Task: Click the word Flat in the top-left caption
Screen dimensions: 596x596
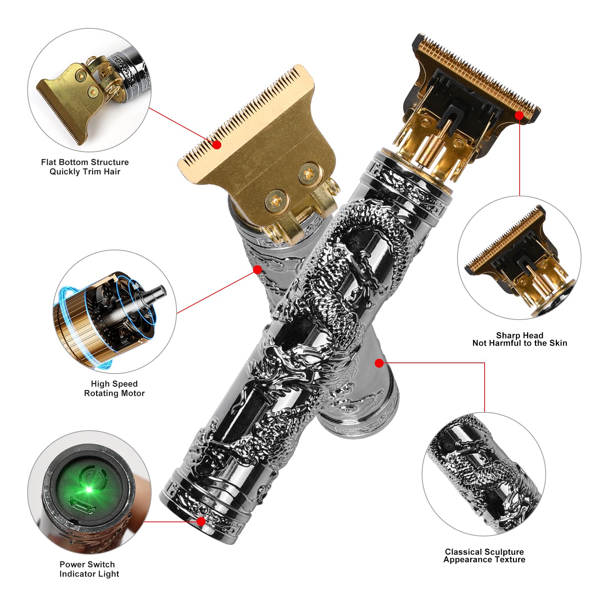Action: pos(49,162)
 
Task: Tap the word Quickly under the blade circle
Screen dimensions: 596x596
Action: pos(65,172)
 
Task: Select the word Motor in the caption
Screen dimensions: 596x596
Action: pos(133,393)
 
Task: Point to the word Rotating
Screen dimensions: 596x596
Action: pos(101,393)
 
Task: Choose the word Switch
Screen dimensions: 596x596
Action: pos(101,564)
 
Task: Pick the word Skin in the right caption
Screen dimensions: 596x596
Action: pos(558,343)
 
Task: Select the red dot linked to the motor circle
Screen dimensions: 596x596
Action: pos(257,269)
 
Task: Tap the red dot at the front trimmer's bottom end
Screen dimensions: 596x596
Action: pos(201,521)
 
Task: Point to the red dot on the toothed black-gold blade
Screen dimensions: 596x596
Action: pos(519,115)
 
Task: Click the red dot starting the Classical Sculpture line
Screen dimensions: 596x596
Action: pos(379,363)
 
